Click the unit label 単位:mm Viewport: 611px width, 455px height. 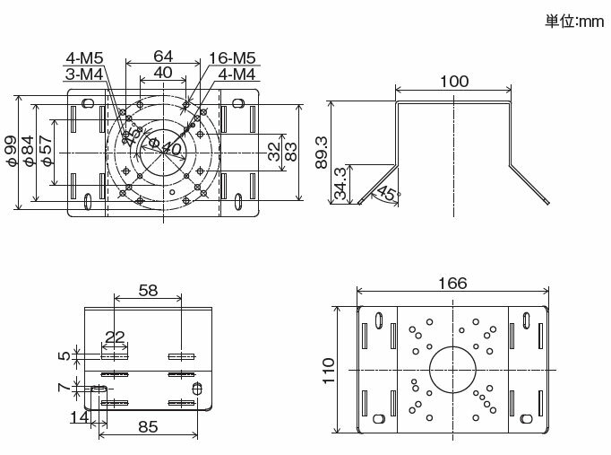(575, 21)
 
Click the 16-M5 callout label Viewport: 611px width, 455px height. (232, 58)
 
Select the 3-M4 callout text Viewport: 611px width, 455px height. (84, 74)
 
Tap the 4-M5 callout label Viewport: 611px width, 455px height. (84, 58)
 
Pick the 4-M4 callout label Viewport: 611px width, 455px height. (237, 74)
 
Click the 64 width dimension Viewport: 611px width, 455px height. (163, 57)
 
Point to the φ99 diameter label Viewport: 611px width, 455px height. (12, 151)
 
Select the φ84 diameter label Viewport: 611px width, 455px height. (29, 151)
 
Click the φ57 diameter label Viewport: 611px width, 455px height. (47, 151)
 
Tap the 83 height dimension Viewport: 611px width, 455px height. (290, 152)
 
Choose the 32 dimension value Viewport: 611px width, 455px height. (274, 152)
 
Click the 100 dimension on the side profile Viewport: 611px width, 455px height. (454, 82)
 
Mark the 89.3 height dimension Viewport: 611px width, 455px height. (322, 153)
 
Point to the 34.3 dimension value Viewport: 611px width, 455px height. (340, 183)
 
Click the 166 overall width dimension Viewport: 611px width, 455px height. (452, 284)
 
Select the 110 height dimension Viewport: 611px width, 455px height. (329, 371)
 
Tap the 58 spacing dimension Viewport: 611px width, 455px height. (148, 291)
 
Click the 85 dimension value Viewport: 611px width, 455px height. (148, 427)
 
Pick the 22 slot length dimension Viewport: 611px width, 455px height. (115, 337)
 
